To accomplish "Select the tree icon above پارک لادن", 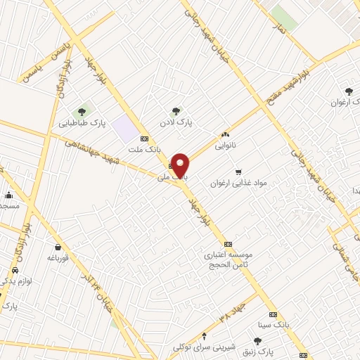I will pyautogui.click(x=176, y=110).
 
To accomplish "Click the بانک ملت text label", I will pyautogui.click(x=141, y=149).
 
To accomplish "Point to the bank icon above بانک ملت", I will pyautogui.click(x=145, y=139).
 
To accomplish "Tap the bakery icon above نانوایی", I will pyautogui.click(x=225, y=135).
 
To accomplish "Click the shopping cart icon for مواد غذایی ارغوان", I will pyautogui.click(x=238, y=171).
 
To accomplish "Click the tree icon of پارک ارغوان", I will pyautogui.click(x=349, y=91).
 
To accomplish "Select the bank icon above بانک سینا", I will pyautogui.click(x=273, y=314).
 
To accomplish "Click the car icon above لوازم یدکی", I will pyautogui.click(x=15, y=270).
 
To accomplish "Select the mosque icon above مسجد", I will pyautogui.click(x=9, y=195).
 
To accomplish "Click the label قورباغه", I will pyautogui.click(x=56, y=257).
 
